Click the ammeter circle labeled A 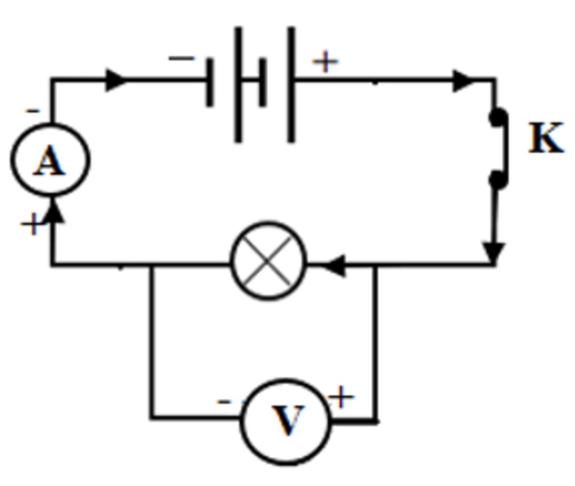coord(50,161)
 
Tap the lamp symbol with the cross coord(269,262)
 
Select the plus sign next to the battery coord(326,62)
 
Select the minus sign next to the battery coord(181,58)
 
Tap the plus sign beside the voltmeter coord(341,398)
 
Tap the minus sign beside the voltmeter coord(224,401)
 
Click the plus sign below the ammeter coord(31,225)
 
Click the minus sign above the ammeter coord(34,111)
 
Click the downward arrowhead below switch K coord(494,252)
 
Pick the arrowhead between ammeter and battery coord(117,80)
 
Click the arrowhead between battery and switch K coord(464,81)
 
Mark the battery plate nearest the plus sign coord(291,84)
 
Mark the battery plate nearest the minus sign coord(210,82)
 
